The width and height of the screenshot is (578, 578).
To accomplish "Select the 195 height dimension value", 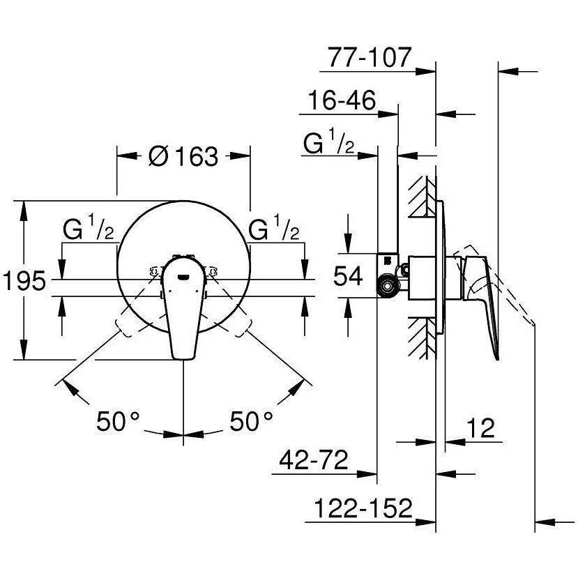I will [24, 282].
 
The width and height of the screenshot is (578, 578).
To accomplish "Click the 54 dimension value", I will [347, 277].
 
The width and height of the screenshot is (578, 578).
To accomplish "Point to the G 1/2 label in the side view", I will [330, 144].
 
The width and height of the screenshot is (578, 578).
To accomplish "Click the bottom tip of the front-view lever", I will [183, 357].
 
